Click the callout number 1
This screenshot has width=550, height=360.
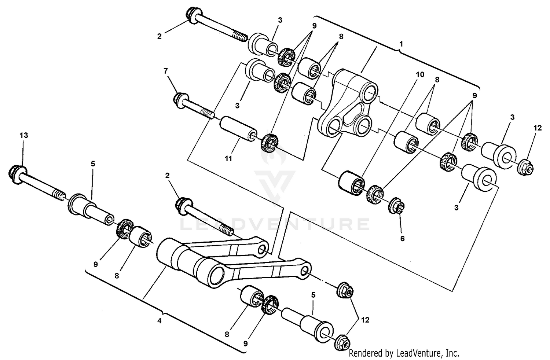point(401,44)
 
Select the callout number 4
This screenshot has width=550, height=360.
point(159,321)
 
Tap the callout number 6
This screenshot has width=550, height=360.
point(402,239)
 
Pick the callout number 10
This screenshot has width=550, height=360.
point(420,75)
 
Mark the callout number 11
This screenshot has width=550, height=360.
point(228,158)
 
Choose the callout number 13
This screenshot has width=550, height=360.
point(23,135)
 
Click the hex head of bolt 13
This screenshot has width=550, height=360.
point(16,172)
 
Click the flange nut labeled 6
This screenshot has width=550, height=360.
point(396,206)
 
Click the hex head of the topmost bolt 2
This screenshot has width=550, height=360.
point(192,14)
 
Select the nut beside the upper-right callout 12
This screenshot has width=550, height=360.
point(525,168)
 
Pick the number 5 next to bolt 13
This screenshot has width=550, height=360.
point(93,164)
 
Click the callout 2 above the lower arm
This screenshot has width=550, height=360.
point(167,176)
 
